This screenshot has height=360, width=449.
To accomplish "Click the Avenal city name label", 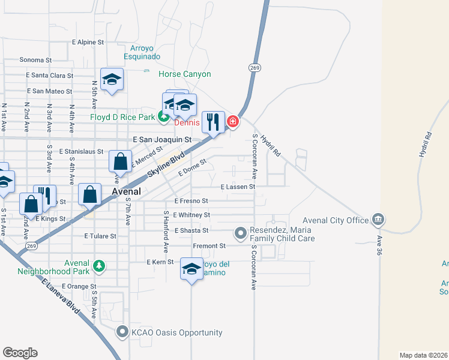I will tap(127, 191).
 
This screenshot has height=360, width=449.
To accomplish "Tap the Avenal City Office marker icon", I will tap(378, 219).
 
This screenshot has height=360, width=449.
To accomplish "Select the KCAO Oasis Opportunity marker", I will tap(122, 332).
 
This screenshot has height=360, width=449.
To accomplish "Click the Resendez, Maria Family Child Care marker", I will tap(241, 232).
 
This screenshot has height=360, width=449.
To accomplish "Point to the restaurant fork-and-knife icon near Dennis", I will tap(213, 122).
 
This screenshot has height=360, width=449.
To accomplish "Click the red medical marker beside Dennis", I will tap(232, 122).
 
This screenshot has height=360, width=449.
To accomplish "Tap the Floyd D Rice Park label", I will tap(123, 116).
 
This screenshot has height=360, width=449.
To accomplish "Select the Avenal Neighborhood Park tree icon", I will tap(98, 265).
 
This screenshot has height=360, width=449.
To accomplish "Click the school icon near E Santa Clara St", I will tap(112, 80).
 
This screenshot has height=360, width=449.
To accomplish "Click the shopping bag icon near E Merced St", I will tap(120, 161).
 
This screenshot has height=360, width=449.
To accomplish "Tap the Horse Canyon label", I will tap(184, 74).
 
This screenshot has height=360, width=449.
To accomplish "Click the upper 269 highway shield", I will tap(255, 68).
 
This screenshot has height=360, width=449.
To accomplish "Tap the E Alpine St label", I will tap(88, 43).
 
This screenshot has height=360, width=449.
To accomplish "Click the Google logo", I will tap(20, 353).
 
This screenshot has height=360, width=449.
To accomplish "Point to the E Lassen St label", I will tap(238, 187).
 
